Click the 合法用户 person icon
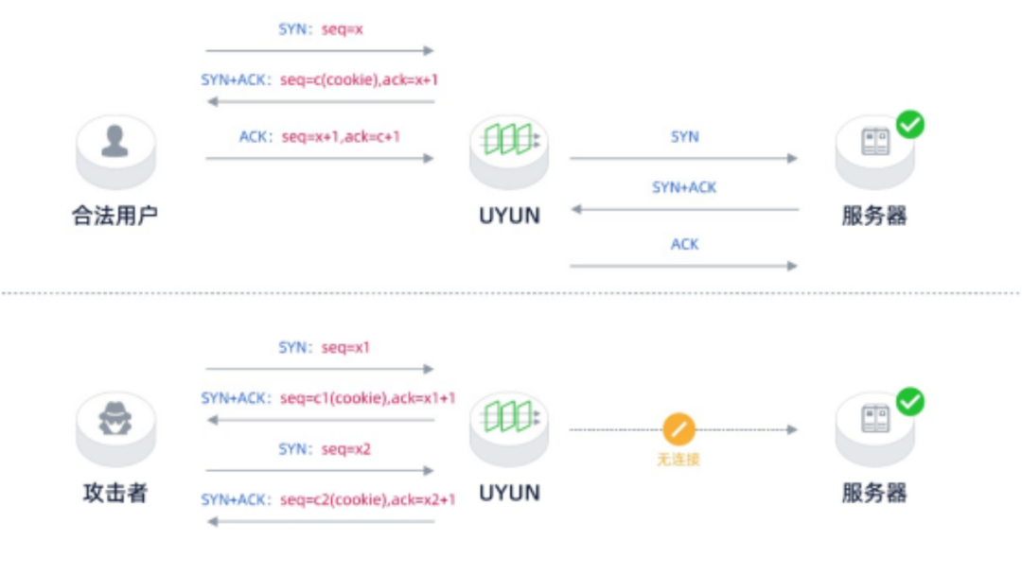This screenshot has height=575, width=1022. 115,144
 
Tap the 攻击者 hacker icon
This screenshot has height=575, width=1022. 115,420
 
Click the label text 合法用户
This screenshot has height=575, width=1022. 115,216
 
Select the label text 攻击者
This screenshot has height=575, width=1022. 115,493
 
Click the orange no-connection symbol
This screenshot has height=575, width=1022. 678,429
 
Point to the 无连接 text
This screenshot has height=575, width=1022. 678,460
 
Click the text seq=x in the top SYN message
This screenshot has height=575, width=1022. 343,29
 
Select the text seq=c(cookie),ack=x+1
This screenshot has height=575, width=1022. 359,80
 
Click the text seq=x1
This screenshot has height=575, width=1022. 345,348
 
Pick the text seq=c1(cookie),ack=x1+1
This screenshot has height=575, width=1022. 367,399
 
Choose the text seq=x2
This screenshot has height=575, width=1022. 345,449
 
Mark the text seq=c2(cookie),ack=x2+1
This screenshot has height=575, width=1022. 367,500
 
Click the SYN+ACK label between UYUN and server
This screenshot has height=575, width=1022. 684,188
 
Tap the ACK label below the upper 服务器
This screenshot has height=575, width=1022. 684,245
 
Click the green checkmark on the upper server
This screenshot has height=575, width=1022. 910,124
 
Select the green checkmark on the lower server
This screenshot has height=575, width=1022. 910,401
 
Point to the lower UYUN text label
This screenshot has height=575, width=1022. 509,493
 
